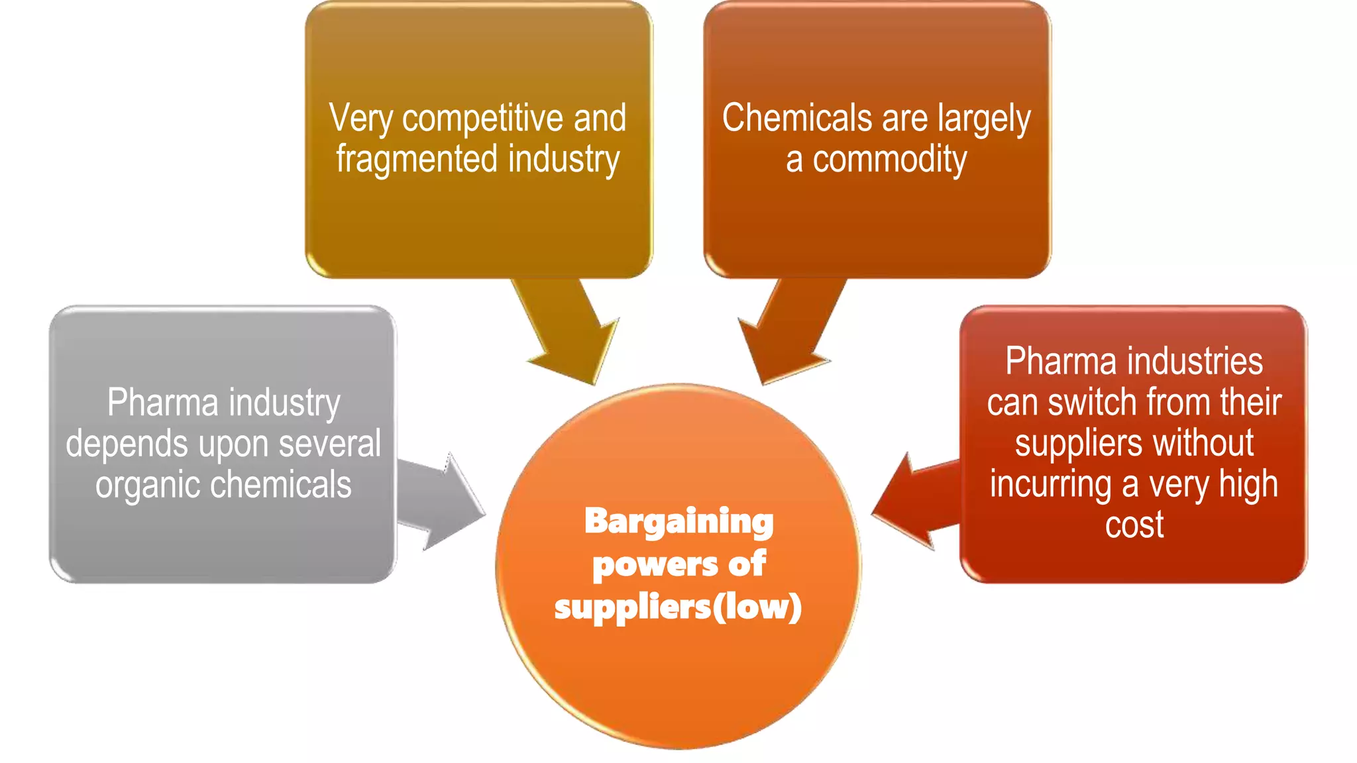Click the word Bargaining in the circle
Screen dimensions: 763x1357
coord(678,522)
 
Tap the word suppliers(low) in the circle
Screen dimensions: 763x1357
coord(678,607)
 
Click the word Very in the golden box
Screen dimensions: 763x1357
coord(360,119)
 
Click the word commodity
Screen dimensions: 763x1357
coord(889,160)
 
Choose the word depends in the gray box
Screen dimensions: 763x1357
coord(127,444)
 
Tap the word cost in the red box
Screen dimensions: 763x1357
coord(1134,525)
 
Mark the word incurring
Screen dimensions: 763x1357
coord(1050,484)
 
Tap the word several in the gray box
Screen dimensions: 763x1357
coord(329,444)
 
